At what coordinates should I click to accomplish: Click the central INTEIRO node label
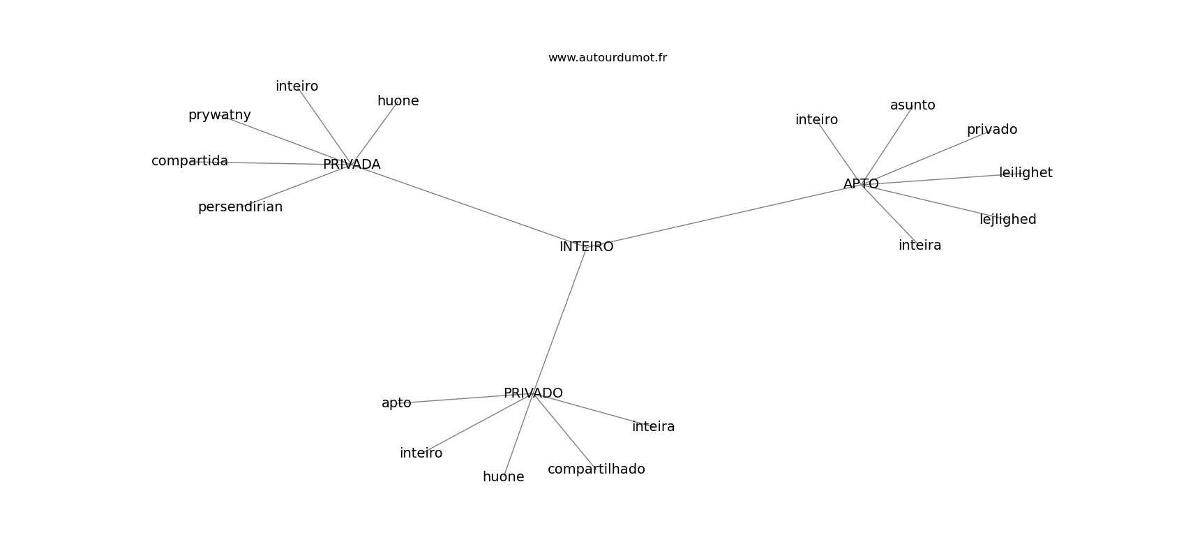click(x=586, y=247)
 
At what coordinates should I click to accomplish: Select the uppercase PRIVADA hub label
click(x=352, y=165)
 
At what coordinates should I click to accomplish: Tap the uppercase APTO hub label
click(x=861, y=184)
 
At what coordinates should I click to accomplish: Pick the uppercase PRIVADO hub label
click(x=533, y=393)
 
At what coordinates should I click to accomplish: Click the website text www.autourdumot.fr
click(x=607, y=58)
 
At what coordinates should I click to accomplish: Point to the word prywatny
click(x=219, y=115)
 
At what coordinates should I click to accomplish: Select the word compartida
click(x=190, y=161)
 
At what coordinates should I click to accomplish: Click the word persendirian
click(x=240, y=207)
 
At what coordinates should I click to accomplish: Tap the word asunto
click(x=913, y=105)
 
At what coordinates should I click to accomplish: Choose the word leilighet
click(x=1026, y=173)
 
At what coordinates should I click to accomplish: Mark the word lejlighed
click(x=1007, y=220)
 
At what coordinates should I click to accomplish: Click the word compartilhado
click(x=596, y=469)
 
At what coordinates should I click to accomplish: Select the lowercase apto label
click(x=396, y=403)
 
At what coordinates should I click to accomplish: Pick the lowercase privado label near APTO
click(x=991, y=130)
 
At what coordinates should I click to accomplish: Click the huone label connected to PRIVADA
click(x=398, y=101)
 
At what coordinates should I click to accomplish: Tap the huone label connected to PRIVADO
click(x=503, y=477)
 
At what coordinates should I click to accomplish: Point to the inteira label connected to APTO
click(x=919, y=246)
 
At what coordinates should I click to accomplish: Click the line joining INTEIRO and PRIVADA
click(x=467, y=205)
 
